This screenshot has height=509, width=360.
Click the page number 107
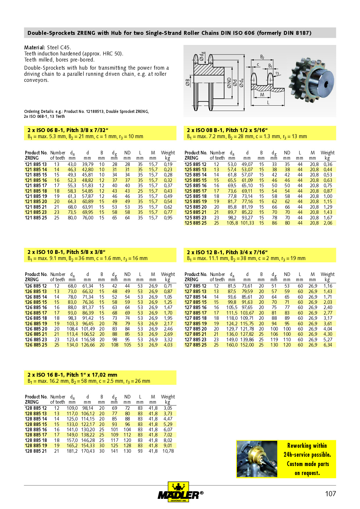tap(330, 494)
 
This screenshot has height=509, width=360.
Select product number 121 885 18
tap(36, 191)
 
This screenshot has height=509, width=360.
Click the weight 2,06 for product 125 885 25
tap(328, 223)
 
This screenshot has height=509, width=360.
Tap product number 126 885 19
tap(36, 324)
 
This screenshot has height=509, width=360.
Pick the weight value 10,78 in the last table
tap(168, 451)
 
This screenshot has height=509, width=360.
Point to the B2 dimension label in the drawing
tap(262, 57)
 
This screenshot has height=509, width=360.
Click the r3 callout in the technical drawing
tap(277, 73)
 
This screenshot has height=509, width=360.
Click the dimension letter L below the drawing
tap(268, 102)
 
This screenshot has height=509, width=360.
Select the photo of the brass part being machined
tap(257, 459)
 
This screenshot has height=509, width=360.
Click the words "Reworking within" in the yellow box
tap(307, 445)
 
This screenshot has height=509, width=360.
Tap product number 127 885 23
tap(195, 340)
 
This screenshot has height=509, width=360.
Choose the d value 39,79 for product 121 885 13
tap(87, 164)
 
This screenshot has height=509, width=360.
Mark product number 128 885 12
tap(36, 408)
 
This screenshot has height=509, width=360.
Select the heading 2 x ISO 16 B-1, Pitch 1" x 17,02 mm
tap(72, 375)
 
